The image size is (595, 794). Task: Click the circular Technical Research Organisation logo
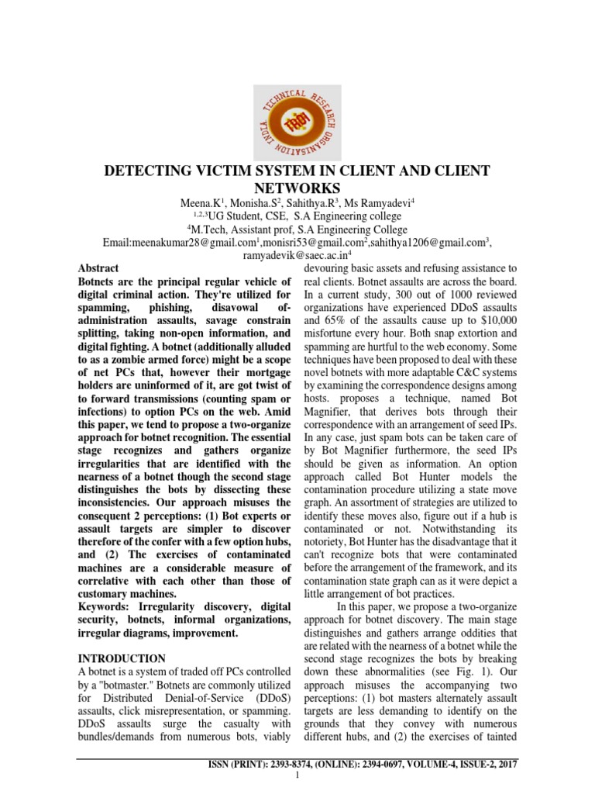point(297,119)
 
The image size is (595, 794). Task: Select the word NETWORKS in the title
point(297,188)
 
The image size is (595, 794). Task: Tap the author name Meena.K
point(198,203)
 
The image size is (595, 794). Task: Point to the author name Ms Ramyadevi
point(383,203)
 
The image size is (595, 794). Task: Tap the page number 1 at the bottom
point(297,777)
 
